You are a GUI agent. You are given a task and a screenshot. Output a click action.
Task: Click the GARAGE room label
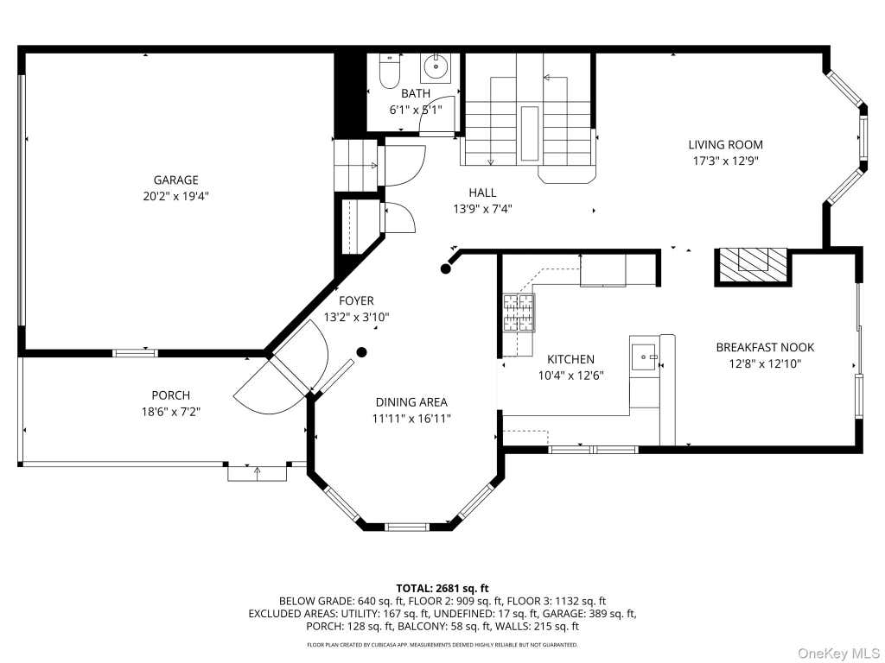pyautogui.click(x=176, y=180)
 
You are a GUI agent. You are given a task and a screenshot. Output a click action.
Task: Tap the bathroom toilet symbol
pyautogui.click(x=390, y=72)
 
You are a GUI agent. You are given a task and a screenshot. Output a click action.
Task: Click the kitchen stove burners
pyautogui.click(x=519, y=313)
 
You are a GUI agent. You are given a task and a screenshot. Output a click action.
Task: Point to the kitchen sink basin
pyautogui.click(x=643, y=357)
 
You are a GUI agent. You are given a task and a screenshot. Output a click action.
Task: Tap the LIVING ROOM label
pyautogui.click(x=725, y=144)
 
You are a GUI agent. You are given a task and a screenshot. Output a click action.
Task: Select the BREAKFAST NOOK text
pyautogui.click(x=765, y=347)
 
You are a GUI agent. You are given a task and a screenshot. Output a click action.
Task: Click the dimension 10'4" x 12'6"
pyautogui.click(x=571, y=375)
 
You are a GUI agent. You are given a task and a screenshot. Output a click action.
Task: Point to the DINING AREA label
pyautogui.click(x=411, y=402)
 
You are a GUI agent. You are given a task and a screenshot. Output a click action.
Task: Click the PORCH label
pyautogui.click(x=171, y=395)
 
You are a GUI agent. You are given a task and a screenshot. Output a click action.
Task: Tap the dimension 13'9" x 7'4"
pyautogui.click(x=482, y=209)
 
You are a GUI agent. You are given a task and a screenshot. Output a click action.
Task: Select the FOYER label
pyautogui.click(x=356, y=300)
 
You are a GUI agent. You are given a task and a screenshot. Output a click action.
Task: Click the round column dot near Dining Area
pyautogui.click(x=362, y=352)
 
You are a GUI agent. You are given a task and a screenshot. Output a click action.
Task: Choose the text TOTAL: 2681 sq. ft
pyautogui.click(x=442, y=589)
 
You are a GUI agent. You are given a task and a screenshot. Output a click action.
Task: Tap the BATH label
pyautogui.click(x=416, y=93)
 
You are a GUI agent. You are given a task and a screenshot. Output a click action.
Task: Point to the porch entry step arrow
pyautogui.click(x=258, y=473)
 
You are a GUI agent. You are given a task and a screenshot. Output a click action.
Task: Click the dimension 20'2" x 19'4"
pyautogui.click(x=176, y=196)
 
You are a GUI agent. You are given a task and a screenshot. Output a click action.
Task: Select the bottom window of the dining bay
pyautogui.click(x=407, y=527)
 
